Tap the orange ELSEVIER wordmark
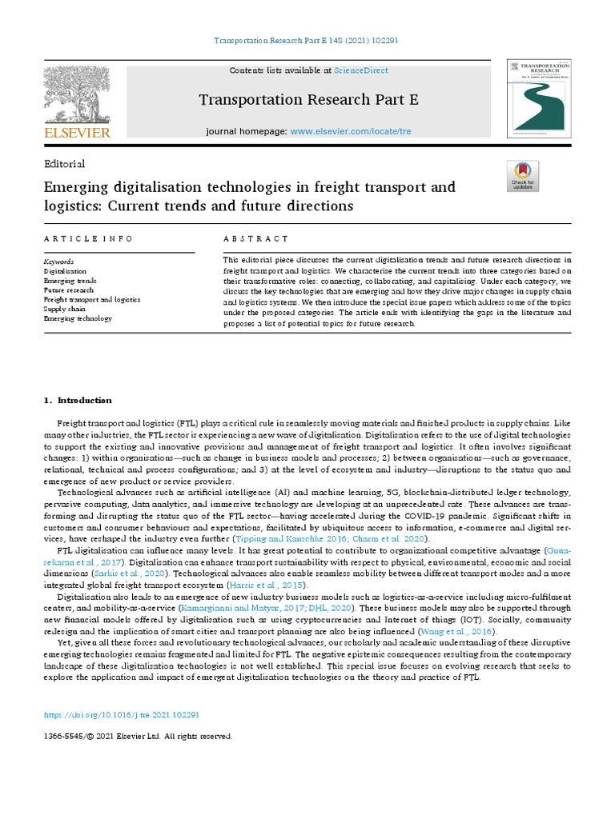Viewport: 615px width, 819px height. click(78, 133)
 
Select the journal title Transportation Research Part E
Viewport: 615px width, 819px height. click(307, 100)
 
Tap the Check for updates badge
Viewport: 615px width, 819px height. click(523, 175)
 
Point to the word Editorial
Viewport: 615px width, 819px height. click(65, 164)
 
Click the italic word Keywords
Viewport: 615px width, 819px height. click(59, 262)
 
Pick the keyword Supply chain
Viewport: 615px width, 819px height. click(66, 309)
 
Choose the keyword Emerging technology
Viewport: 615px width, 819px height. click(78, 318)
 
